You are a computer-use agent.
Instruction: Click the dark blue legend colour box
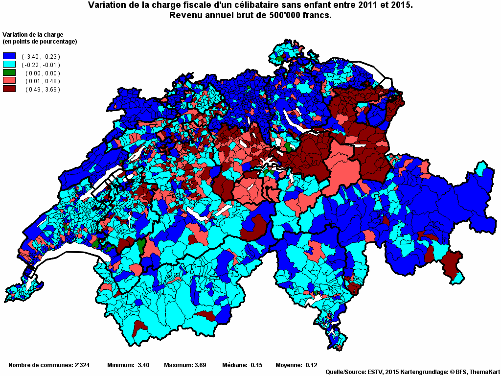[9, 56]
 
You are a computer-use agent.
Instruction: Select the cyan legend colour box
[9, 65]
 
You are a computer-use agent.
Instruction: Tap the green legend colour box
[9, 73]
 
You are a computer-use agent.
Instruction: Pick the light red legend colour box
[9, 81]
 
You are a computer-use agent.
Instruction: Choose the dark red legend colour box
[9, 89]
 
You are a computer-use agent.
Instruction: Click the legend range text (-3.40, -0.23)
[41, 57]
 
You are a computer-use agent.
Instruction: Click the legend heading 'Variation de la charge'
[33, 34]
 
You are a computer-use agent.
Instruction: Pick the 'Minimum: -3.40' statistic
[128, 365]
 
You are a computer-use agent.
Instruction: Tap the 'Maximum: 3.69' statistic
[185, 365]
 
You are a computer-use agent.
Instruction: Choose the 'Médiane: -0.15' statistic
[243, 365]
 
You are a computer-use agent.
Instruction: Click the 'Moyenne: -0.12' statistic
[296, 365]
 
